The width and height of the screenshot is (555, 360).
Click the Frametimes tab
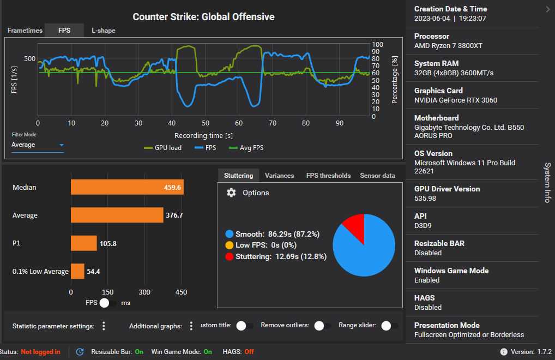point(25,31)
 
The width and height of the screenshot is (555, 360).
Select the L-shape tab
point(103,31)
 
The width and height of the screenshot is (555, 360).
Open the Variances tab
point(279,176)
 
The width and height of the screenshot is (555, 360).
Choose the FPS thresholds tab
point(328,176)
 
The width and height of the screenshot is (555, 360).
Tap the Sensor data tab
point(377,176)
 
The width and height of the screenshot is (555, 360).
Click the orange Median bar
point(127,187)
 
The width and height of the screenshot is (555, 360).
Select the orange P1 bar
point(83,243)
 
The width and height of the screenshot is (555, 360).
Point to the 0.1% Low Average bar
point(77,271)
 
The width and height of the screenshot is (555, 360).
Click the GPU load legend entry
point(162,148)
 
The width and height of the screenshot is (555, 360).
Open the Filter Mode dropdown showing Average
point(38,145)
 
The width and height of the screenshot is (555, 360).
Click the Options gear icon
point(231,193)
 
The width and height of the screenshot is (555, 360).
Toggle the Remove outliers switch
point(323,326)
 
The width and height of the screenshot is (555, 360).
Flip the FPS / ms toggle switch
point(107,302)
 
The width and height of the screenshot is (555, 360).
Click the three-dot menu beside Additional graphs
point(191,326)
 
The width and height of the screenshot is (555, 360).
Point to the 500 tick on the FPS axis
point(29,59)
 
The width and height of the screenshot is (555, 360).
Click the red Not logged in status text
point(40,352)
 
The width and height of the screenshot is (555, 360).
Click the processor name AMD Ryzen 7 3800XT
point(448,46)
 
